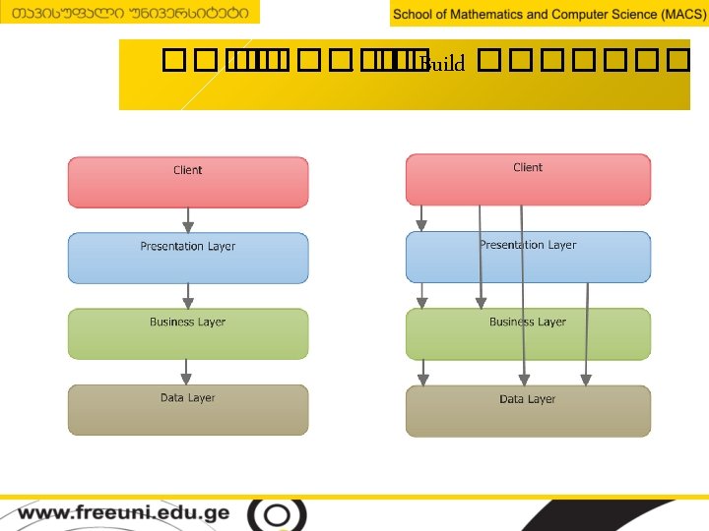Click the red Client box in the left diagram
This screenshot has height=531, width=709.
click(x=187, y=182)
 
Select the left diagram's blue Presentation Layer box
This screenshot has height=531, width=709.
click(x=187, y=258)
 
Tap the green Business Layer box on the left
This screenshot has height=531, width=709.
click(x=187, y=333)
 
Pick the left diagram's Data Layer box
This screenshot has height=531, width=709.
click(x=187, y=409)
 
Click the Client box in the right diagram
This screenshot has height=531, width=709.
click(x=528, y=179)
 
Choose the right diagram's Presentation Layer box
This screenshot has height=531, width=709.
click(x=528, y=257)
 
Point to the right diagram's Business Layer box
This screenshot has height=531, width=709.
click(x=528, y=333)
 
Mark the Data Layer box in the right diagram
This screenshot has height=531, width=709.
click(x=528, y=411)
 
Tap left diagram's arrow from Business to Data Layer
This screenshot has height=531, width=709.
click(x=187, y=372)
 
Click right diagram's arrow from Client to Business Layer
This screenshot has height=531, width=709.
click(x=481, y=256)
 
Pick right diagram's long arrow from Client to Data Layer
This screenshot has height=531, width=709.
click(x=523, y=295)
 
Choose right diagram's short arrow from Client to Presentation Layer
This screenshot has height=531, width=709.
click(x=421, y=218)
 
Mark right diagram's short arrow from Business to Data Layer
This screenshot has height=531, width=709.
click(x=423, y=372)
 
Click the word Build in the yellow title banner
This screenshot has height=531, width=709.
click(x=442, y=65)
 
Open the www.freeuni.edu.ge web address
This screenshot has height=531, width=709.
click(x=123, y=513)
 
